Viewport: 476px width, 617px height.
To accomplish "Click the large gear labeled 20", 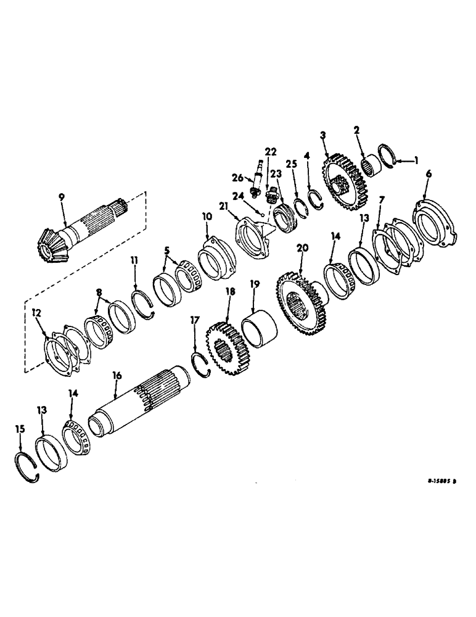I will tap(302, 302).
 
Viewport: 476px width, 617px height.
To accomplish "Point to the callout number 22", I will tap(271, 151).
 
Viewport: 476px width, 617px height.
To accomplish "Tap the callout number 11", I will tap(135, 262).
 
